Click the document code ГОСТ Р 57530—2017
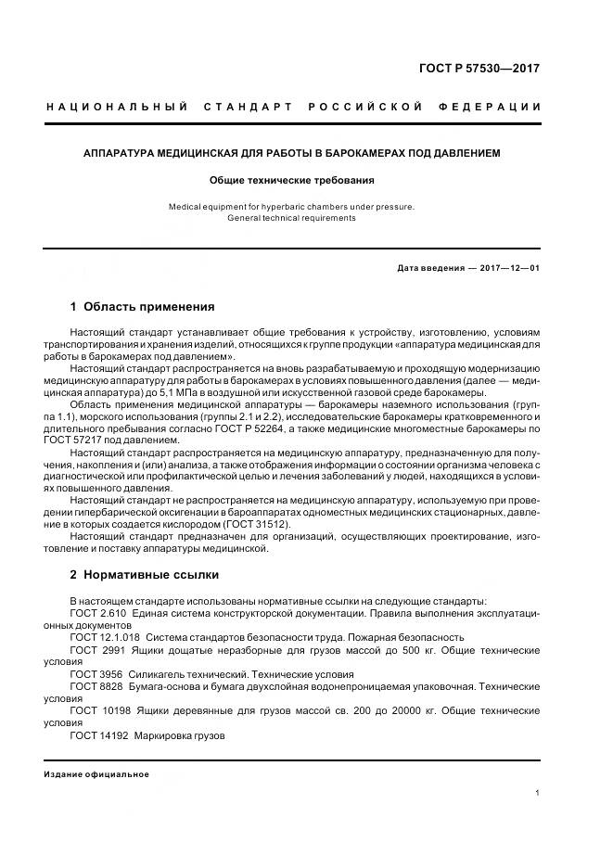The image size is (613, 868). click(480, 68)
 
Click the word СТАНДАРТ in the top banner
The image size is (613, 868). click(249, 108)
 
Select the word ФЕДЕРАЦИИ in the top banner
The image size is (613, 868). click(499, 108)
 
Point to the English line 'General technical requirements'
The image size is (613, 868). click(291, 218)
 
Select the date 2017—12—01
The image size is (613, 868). click(507, 268)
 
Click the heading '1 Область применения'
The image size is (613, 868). click(143, 306)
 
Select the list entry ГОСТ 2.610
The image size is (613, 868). click(97, 614)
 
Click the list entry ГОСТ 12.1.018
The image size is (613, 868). click(105, 637)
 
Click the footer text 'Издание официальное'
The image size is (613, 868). click(96, 774)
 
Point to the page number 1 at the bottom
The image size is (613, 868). click(538, 793)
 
